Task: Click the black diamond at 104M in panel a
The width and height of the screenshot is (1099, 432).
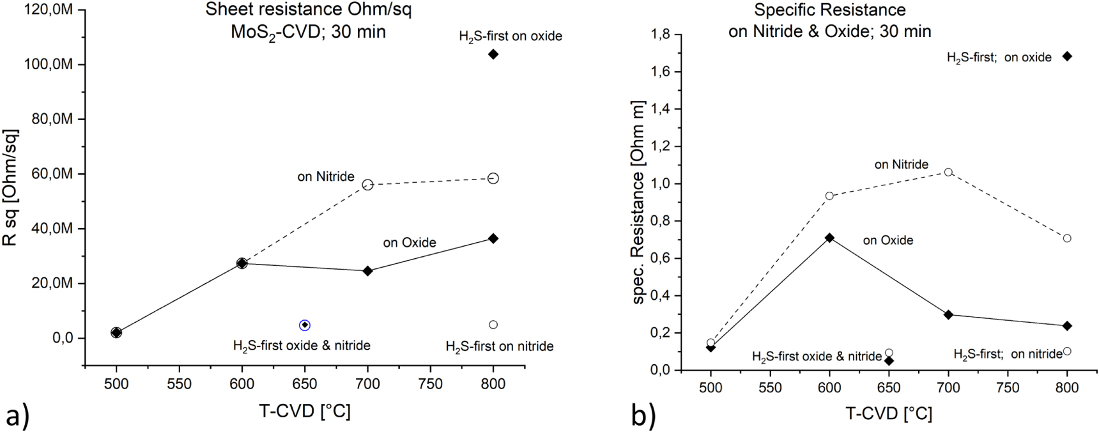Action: click(493, 54)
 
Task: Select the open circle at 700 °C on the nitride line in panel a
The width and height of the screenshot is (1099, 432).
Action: click(367, 185)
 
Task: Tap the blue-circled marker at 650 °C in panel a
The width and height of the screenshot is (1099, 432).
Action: click(305, 325)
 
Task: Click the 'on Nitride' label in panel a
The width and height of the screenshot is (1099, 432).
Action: click(326, 177)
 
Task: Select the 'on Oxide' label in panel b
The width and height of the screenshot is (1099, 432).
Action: click(888, 241)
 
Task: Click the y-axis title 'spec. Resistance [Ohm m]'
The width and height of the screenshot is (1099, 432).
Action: click(638, 202)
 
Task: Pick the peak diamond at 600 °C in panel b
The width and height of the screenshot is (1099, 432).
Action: click(829, 238)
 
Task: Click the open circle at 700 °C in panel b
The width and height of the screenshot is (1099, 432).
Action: click(948, 172)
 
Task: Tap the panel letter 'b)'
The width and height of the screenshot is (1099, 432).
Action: click(643, 416)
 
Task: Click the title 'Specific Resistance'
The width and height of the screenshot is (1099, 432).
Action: click(829, 10)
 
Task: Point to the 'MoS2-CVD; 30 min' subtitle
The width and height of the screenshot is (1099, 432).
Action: click(308, 31)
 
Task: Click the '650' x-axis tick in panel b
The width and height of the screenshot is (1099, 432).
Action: click(889, 388)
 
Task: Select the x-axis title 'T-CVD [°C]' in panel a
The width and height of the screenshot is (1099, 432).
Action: click(305, 411)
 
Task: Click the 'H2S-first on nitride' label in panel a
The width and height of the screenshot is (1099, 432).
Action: click(499, 346)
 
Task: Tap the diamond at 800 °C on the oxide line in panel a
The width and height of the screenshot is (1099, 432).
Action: click(493, 238)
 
